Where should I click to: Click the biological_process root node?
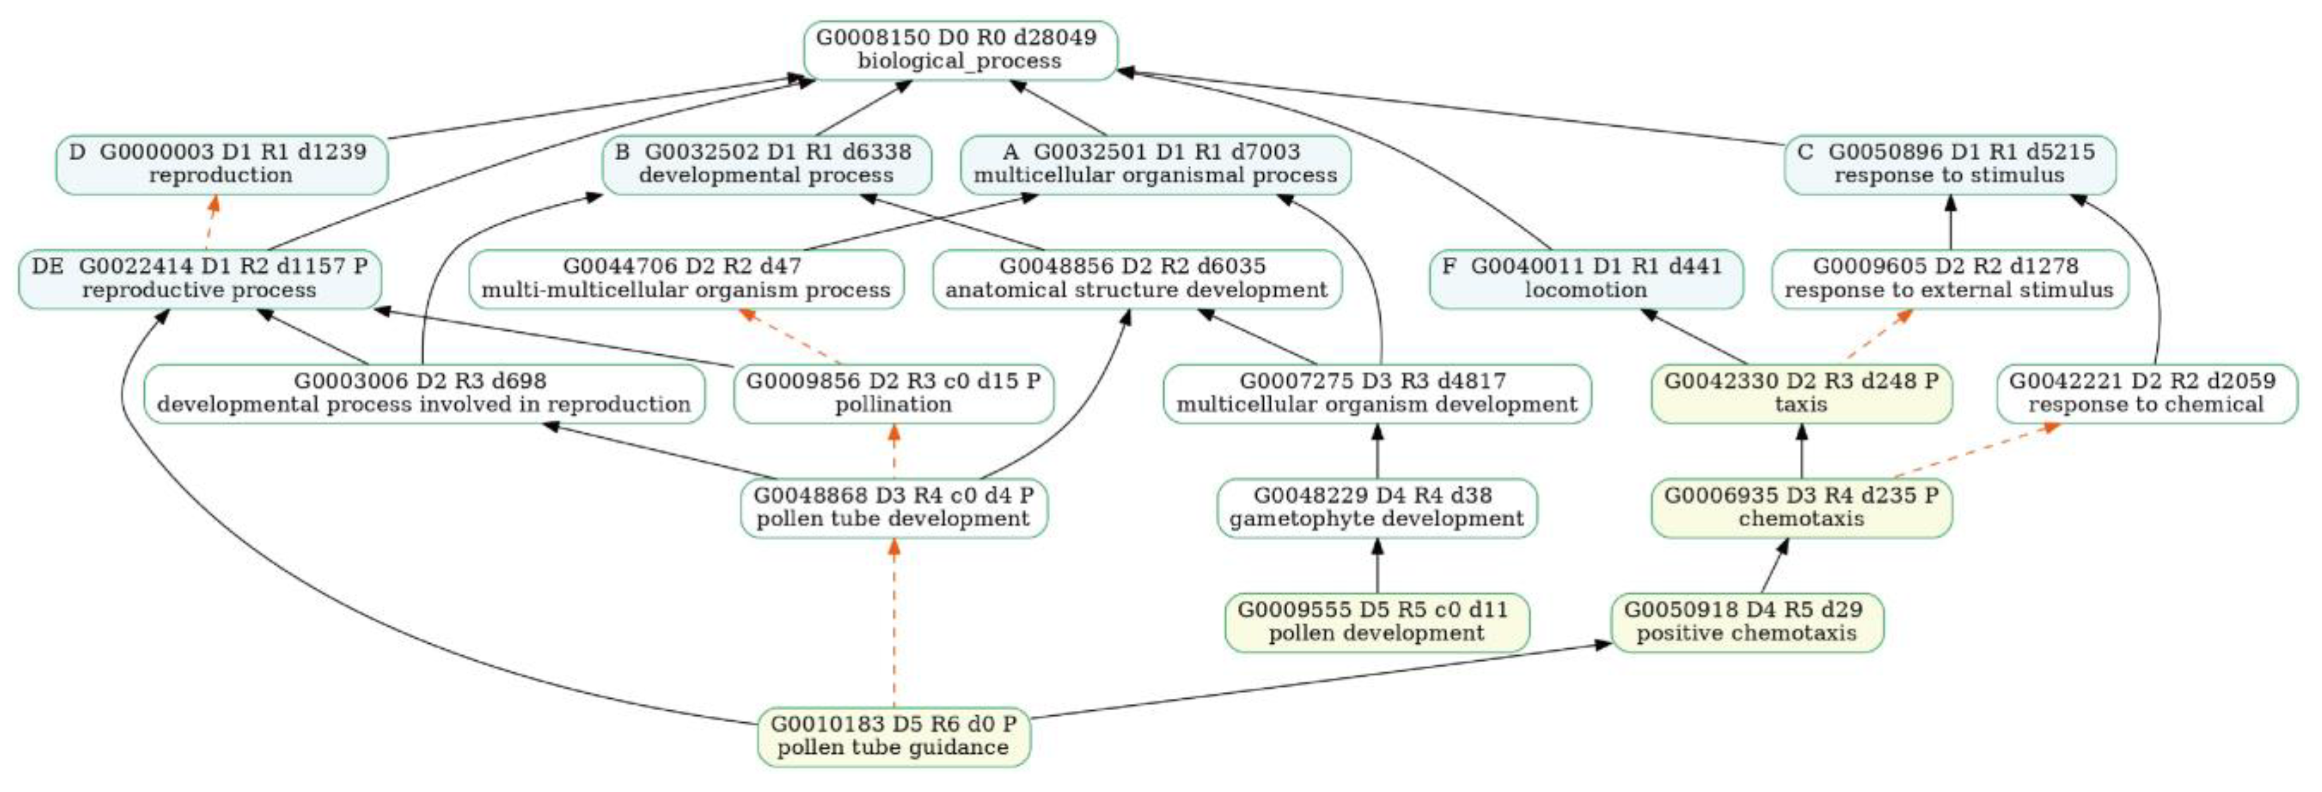pos(960,50)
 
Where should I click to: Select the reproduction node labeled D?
pos(222,164)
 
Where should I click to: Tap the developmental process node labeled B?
pos(766,164)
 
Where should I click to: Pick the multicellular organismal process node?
pos(1156,164)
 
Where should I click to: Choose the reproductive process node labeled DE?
pos(199,279)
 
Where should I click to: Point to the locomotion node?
pos(1586,279)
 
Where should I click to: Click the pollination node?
pos(893,393)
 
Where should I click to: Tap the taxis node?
pos(1801,393)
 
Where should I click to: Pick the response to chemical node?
pos(2146,393)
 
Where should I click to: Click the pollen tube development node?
pos(893,507)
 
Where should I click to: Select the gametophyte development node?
pos(1377,507)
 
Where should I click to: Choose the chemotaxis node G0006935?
pos(1801,507)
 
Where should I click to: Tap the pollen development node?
pos(1377,621)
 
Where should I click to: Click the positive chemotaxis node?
pos(1747,621)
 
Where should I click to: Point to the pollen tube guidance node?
pos(893,736)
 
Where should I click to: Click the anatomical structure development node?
pos(1137,279)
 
